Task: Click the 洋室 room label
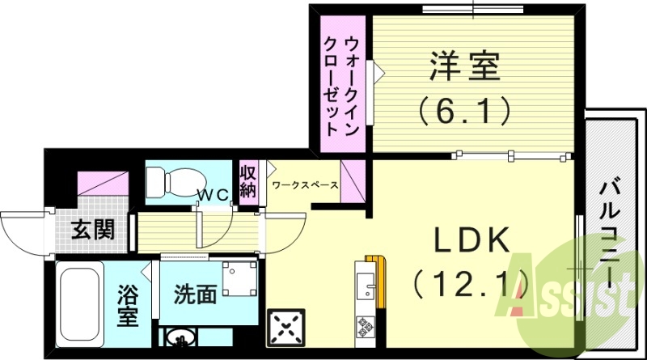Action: pos(466,66)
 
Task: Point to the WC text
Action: pos(214,194)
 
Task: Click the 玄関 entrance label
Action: pos(91,231)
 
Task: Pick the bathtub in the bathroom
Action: pos(79,304)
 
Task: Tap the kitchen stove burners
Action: pos(365,328)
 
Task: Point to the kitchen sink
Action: pos(365,287)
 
